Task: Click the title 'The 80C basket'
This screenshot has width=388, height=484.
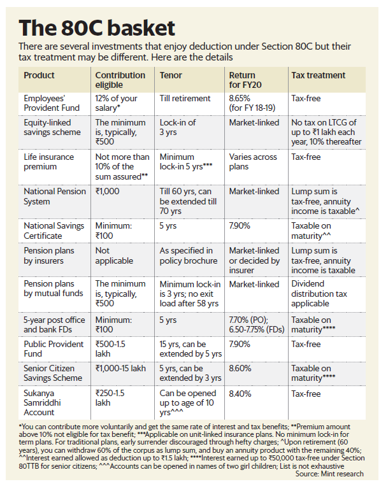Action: tap(97, 28)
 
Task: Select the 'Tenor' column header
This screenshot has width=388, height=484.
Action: tap(171, 75)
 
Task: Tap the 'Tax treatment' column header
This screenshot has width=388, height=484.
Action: tap(319, 75)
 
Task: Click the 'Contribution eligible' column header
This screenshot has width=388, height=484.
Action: tap(120, 80)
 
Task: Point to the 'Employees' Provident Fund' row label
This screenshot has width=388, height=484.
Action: tap(52, 103)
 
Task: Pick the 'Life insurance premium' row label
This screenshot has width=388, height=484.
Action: tap(48, 162)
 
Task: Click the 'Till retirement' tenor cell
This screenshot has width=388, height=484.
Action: tap(185, 99)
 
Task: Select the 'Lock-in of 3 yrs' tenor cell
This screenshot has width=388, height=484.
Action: tap(178, 127)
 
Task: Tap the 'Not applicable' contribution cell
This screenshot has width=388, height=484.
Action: tap(111, 255)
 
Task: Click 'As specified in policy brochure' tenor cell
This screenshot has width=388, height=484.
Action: tap(187, 255)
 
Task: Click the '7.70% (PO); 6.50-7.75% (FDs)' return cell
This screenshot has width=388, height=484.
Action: tap(255, 324)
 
